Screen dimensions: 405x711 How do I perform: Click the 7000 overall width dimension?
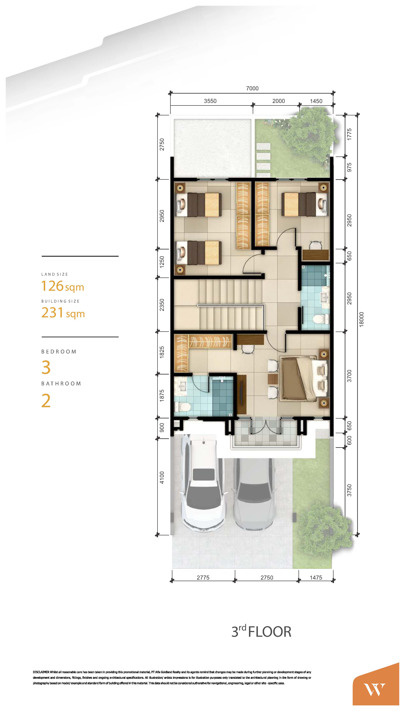(252, 88)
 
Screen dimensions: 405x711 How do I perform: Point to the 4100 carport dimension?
(162, 477)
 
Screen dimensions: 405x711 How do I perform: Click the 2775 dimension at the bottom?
(203, 578)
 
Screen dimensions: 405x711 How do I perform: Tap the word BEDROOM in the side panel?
(59, 352)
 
